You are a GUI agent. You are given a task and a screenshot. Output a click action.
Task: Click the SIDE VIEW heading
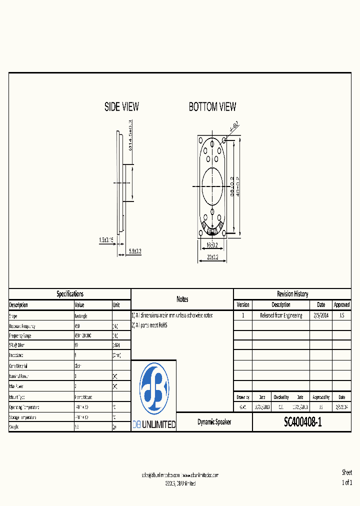(x=121, y=106)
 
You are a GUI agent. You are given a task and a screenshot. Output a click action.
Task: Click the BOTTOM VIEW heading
(x=212, y=106)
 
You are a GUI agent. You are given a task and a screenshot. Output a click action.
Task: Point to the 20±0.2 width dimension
(x=212, y=257)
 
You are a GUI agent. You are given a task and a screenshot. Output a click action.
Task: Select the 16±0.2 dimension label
(x=212, y=245)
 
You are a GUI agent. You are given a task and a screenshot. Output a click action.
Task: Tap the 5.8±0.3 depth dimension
(x=135, y=251)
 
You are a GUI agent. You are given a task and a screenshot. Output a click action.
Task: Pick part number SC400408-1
(x=302, y=422)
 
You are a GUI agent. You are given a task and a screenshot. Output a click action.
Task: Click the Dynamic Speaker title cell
(x=214, y=422)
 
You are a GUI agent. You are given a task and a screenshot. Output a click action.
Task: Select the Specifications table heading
(x=70, y=294)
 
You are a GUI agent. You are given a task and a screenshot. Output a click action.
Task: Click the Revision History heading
(x=292, y=294)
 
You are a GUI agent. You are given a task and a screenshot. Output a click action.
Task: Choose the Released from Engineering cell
(x=281, y=315)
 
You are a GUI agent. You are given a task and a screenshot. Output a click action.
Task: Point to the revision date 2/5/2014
(x=321, y=315)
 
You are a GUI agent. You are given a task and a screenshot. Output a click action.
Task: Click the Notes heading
(x=182, y=299)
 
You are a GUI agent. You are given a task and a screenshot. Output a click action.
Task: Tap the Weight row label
(x=14, y=427)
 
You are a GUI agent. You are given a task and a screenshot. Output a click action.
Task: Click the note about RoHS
(x=150, y=325)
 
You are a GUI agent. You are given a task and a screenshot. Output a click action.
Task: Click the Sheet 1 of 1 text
(x=346, y=477)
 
